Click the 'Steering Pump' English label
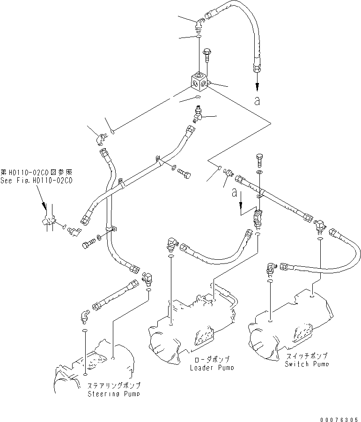point(114,394)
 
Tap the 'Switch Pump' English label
point(307,363)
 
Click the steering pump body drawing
point(98,366)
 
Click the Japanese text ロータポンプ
point(210,359)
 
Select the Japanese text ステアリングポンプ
point(114,385)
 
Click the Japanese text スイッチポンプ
point(307,356)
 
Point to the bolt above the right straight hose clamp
point(260,160)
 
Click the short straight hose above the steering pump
point(115,295)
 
